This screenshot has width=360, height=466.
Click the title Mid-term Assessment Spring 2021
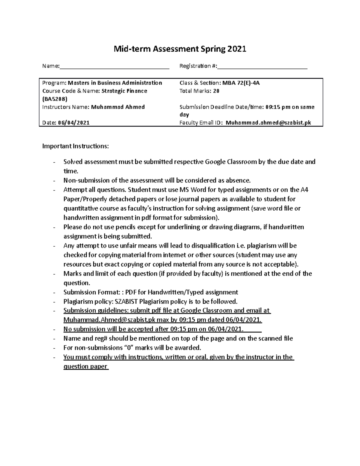click(179, 49)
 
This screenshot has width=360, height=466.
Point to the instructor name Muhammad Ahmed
click(118, 107)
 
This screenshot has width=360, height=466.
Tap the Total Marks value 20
click(216, 91)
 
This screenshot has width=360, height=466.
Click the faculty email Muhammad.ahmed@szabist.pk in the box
click(268, 122)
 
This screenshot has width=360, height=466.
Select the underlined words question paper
click(85, 366)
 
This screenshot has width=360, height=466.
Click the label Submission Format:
click(93, 292)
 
